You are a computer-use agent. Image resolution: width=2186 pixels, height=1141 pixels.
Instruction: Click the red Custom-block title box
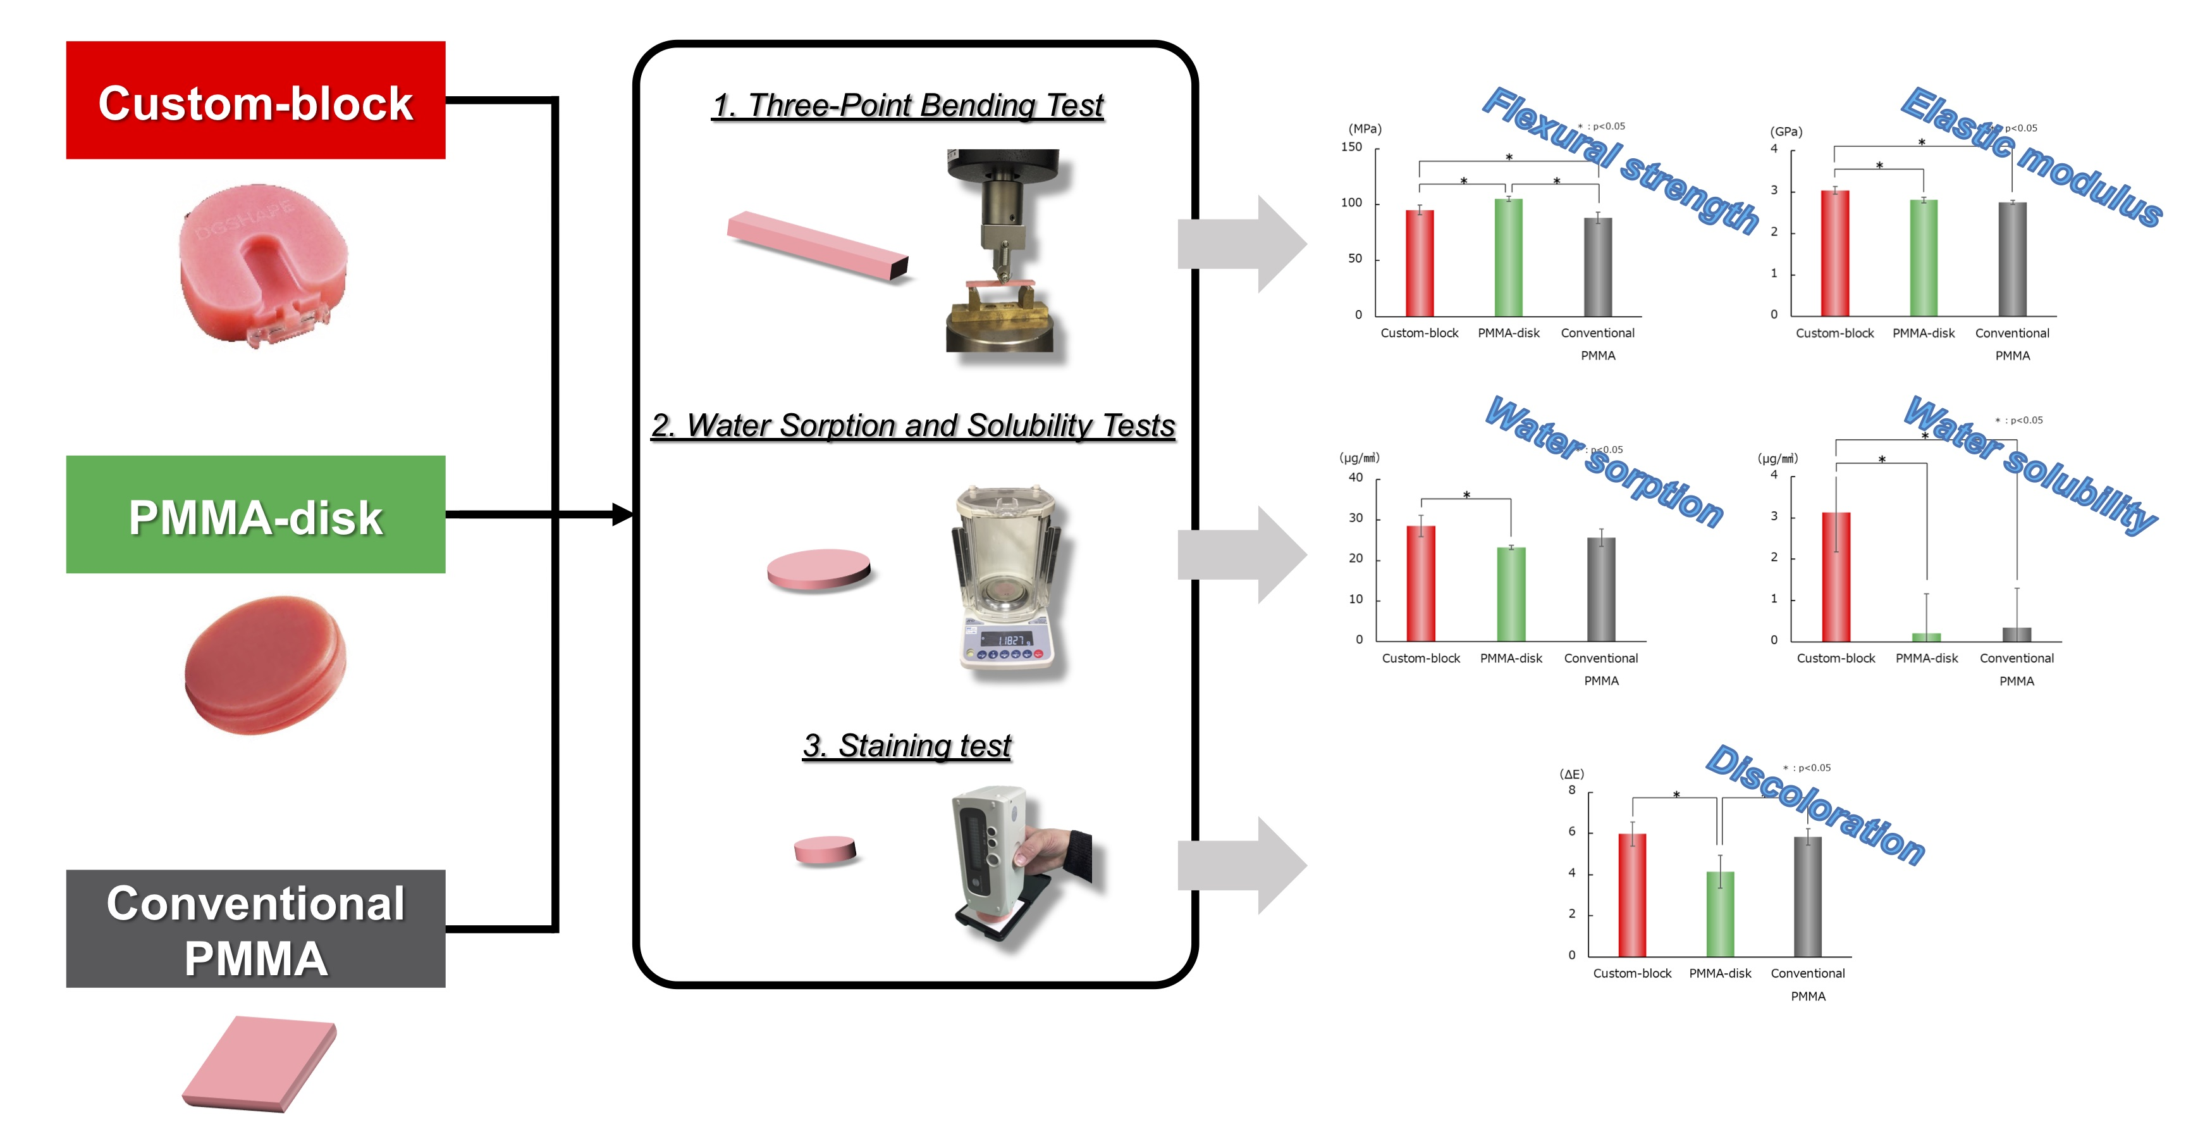click(255, 100)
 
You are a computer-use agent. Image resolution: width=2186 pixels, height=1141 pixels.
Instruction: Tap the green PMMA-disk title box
click(255, 514)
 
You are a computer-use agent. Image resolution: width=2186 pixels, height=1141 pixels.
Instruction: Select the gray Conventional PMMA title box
click(255, 929)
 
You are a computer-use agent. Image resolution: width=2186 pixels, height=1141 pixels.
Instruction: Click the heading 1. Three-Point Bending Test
click(907, 105)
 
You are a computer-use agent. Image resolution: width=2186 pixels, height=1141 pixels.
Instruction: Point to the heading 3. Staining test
click(907, 745)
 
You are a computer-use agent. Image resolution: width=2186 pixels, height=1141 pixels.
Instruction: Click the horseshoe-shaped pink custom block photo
click(263, 263)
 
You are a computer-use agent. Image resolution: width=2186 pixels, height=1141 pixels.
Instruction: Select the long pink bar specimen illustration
click(817, 244)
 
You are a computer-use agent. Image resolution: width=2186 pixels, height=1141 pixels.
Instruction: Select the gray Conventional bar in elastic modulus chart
click(2012, 259)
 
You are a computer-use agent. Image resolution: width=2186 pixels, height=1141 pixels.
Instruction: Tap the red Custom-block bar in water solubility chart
click(1836, 577)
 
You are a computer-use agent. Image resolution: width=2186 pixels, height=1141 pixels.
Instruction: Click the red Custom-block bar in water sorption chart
click(1421, 583)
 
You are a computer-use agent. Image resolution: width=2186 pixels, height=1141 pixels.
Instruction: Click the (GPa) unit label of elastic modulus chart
click(1786, 132)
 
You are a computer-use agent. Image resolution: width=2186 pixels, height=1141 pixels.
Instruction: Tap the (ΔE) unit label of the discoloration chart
click(1571, 774)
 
